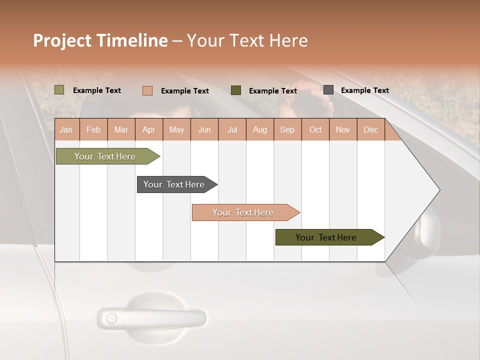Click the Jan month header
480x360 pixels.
pyautogui.click(x=66, y=129)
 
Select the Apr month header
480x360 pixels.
pyautogui.click(x=148, y=129)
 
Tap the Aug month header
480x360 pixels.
pyautogui.click(x=259, y=129)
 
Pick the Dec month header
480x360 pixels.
pyautogui.click(x=370, y=129)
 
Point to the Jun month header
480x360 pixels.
pyautogui.click(x=204, y=129)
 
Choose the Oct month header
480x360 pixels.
pyautogui.click(x=315, y=129)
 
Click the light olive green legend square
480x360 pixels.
pyautogui.click(x=59, y=90)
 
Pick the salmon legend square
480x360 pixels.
pyautogui.click(x=147, y=90)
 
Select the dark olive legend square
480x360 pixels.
pyautogui.click(x=235, y=90)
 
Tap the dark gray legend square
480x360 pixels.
pyautogui.click(x=328, y=90)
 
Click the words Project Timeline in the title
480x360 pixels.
pyautogui.click(x=100, y=40)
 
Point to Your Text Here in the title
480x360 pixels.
pyautogui.click(x=247, y=40)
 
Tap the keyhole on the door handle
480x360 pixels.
pyautogui.click(x=111, y=318)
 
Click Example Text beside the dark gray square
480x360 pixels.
pyautogui.click(x=364, y=90)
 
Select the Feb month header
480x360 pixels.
pyautogui.click(x=93, y=129)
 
